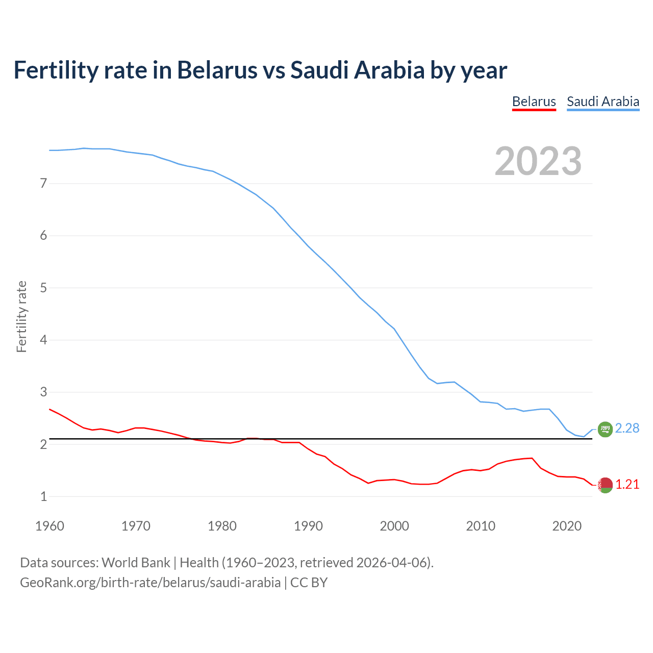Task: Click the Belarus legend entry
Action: (x=534, y=102)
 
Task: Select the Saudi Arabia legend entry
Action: (x=602, y=102)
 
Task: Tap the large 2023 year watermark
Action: (x=538, y=161)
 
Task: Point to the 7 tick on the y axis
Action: (x=43, y=183)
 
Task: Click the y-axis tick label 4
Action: (x=43, y=340)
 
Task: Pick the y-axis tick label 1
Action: (x=43, y=496)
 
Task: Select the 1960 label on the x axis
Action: (x=49, y=526)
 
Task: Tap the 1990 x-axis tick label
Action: (x=308, y=526)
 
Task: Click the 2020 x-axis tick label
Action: (x=567, y=526)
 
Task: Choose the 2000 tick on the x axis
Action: (x=394, y=526)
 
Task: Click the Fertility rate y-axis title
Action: (x=21, y=316)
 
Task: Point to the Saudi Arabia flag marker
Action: (x=605, y=430)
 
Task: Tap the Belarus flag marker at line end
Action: (x=605, y=485)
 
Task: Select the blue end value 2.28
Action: (x=627, y=429)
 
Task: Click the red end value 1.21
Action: (x=627, y=485)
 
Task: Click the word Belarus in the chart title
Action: (x=217, y=70)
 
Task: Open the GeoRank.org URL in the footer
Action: (x=150, y=583)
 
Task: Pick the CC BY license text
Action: (x=309, y=583)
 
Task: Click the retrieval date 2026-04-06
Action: (x=393, y=563)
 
